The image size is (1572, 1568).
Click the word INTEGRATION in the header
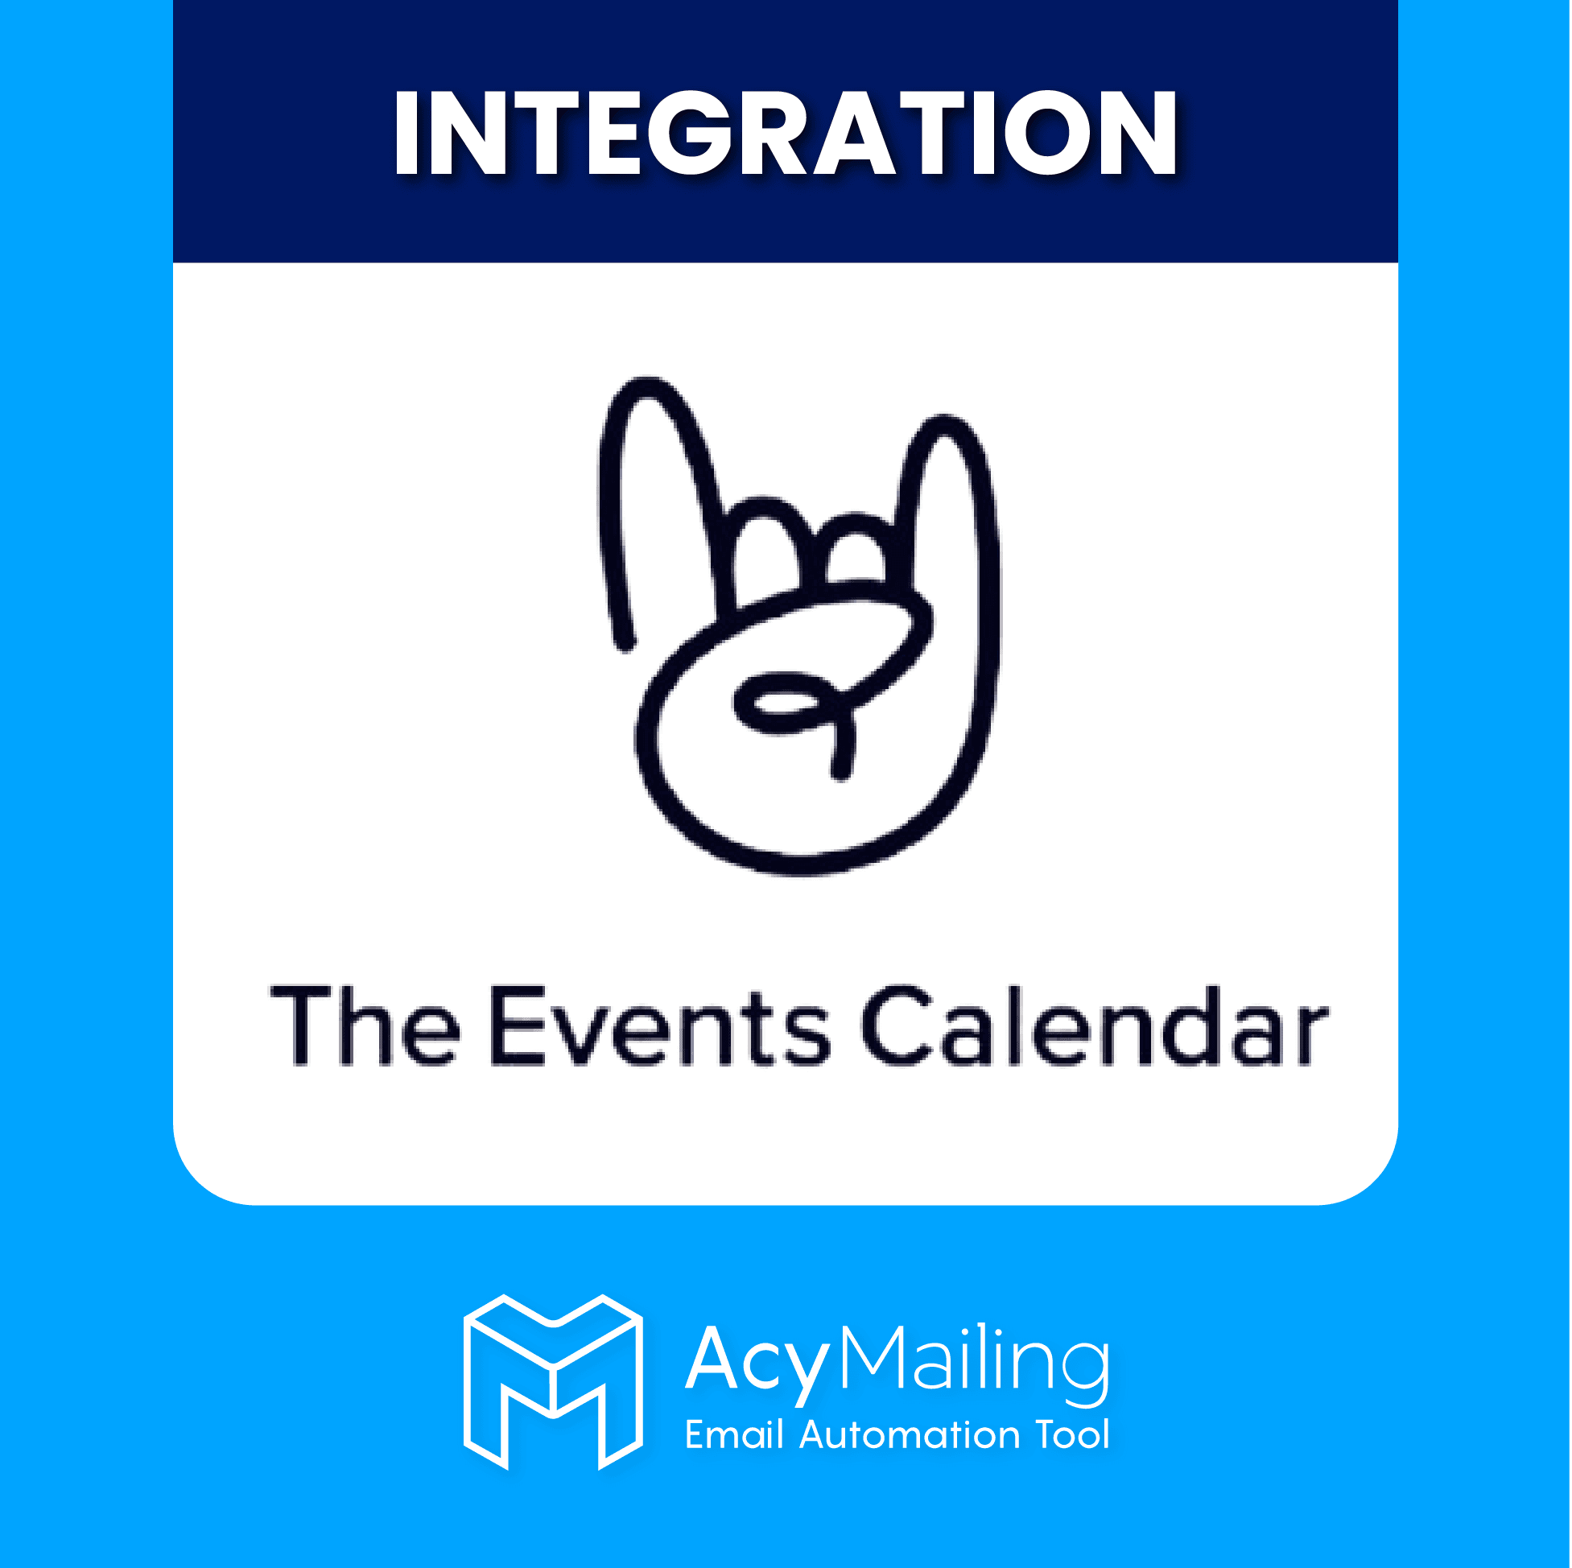785,133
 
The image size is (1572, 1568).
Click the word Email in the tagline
734,1434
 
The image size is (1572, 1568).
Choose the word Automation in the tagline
909,1434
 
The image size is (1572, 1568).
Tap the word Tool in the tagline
1072,1434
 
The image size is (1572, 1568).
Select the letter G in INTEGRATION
691,133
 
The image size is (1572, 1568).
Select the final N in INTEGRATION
1137,133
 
